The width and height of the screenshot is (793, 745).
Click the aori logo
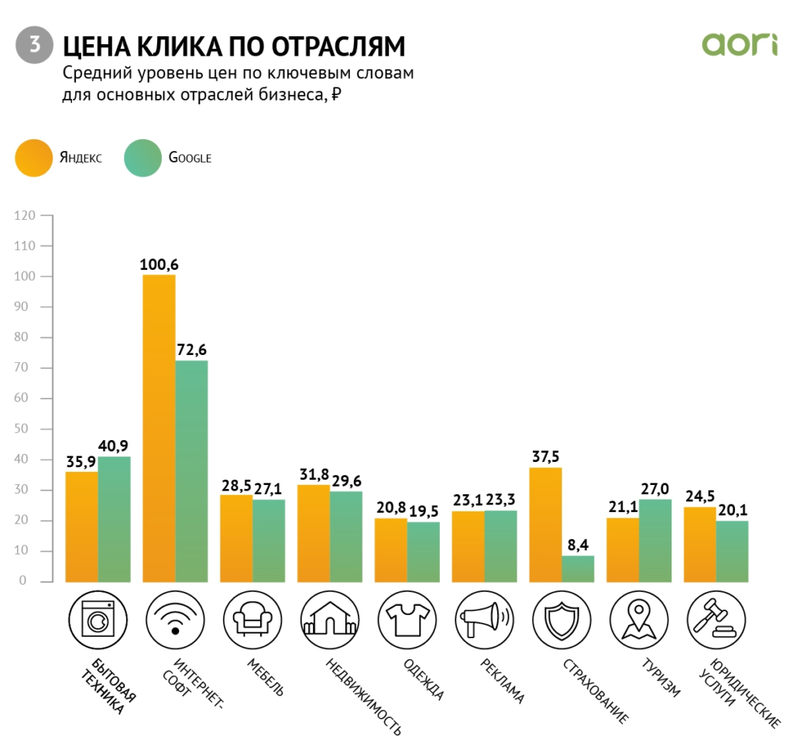coord(739,44)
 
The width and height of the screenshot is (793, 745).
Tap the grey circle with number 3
coord(34,45)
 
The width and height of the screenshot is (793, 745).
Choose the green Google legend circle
coord(142,157)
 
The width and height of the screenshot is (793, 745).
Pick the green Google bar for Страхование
coord(578,568)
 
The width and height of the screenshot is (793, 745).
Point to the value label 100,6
coord(158,264)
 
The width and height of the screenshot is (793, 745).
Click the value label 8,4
coord(578,545)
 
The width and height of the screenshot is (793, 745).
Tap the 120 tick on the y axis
coord(26,216)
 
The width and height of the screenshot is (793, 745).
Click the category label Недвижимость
coord(363,696)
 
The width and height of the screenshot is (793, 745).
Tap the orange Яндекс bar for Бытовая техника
coord(81,526)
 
